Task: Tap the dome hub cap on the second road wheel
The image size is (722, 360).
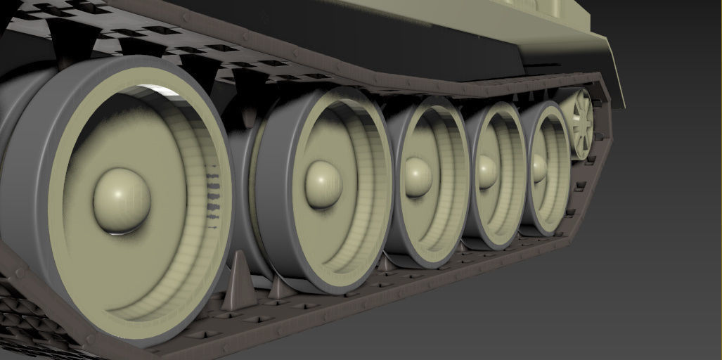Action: click(x=323, y=185)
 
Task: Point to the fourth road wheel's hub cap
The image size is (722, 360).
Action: click(x=486, y=172)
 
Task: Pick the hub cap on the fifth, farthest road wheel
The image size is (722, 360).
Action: click(x=539, y=167)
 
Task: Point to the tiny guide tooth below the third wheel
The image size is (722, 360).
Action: click(x=385, y=264)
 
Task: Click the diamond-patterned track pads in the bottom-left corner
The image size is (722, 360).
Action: click(x=28, y=323)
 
